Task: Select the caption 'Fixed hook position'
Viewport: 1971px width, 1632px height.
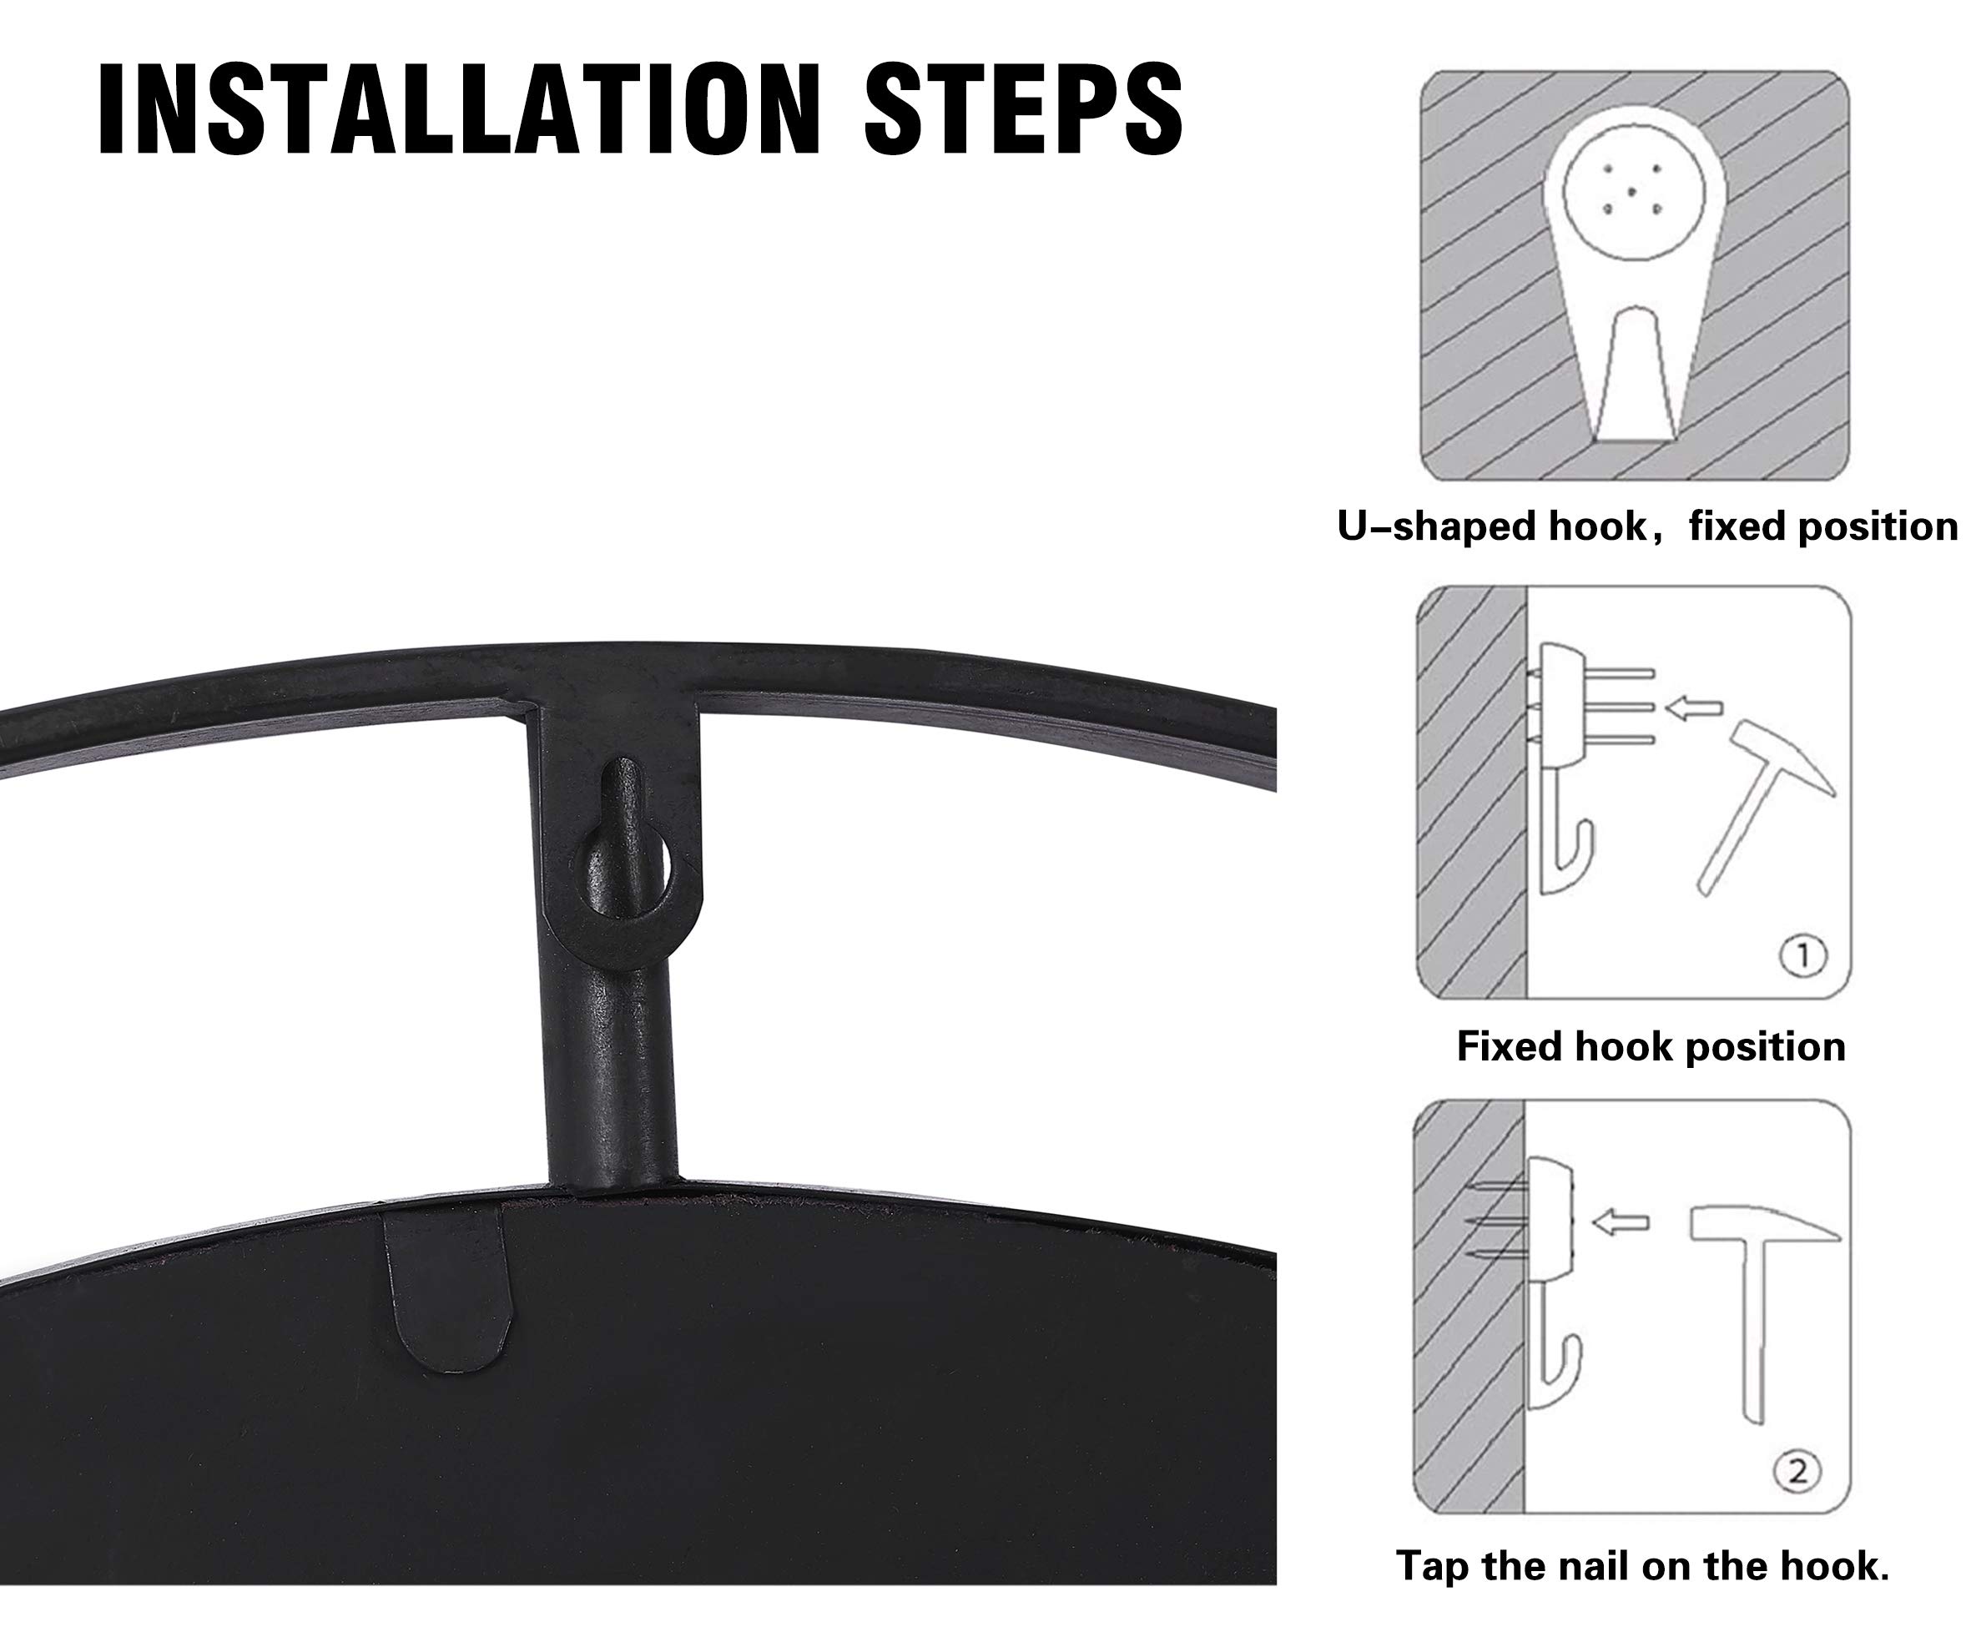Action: point(1651,1046)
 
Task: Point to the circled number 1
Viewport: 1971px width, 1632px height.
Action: point(1802,956)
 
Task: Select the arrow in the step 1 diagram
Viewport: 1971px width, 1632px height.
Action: point(1694,708)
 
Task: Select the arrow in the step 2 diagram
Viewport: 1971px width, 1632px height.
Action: point(1621,1221)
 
